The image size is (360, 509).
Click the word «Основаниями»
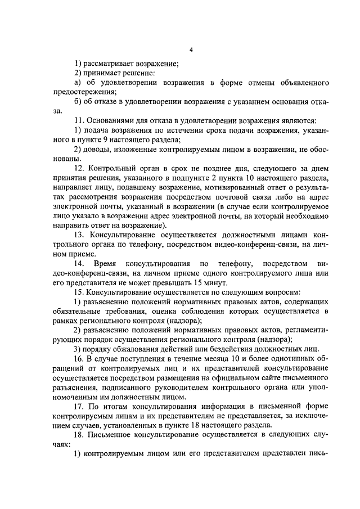pyautogui.click(x=109, y=120)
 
